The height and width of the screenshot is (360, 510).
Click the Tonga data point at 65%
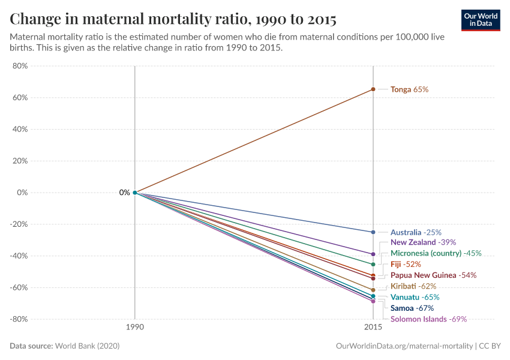(x=373, y=89)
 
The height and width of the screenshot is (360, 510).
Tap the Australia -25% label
(x=416, y=232)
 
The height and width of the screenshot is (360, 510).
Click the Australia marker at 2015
(x=373, y=232)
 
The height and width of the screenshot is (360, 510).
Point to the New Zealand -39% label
(x=423, y=242)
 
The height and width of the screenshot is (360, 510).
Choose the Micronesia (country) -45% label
(x=436, y=253)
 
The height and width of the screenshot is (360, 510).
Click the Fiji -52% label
(x=406, y=264)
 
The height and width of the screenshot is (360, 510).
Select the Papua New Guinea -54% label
(x=433, y=275)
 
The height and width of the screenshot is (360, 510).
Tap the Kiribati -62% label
(x=413, y=286)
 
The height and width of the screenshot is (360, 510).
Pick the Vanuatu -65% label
(x=415, y=297)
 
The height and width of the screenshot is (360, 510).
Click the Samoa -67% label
(x=412, y=308)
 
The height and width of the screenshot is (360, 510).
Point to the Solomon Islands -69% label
(x=428, y=319)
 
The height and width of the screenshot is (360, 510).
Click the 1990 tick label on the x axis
(x=135, y=328)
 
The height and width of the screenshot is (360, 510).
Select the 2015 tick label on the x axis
(x=373, y=328)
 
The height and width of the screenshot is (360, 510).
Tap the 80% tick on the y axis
(x=20, y=66)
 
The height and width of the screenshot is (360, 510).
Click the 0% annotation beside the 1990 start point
(x=124, y=193)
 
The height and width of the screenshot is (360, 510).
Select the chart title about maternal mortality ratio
(x=173, y=19)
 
